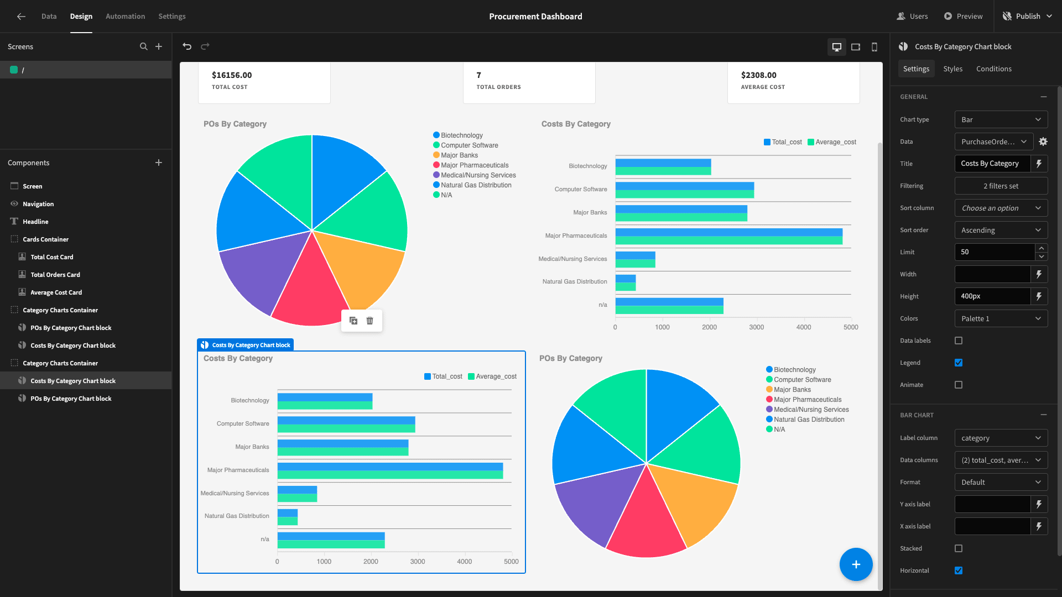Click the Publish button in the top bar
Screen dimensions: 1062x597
(x=1027, y=17)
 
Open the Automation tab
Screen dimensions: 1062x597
(x=125, y=17)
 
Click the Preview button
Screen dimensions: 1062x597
(x=964, y=17)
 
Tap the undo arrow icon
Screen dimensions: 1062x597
(x=187, y=46)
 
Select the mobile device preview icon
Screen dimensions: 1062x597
(x=874, y=47)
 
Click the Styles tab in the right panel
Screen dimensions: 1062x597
(x=952, y=69)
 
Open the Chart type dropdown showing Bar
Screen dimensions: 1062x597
(x=1001, y=119)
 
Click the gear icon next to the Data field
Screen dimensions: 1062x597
(x=1043, y=142)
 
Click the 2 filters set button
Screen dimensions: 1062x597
(x=1001, y=186)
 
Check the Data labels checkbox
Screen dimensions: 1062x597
(x=959, y=341)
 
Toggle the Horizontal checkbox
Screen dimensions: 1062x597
(x=959, y=570)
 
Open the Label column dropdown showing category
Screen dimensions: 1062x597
(x=1001, y=438)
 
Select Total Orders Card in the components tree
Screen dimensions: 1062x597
(x=55, y=275)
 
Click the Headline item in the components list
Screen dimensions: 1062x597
(x=35, y=222)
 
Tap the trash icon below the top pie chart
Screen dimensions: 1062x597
(x=370, y=321)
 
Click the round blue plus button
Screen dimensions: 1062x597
(x=856, y=564)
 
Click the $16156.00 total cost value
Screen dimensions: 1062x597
(x=232, y=75)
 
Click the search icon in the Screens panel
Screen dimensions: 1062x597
(x=144, y=46)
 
